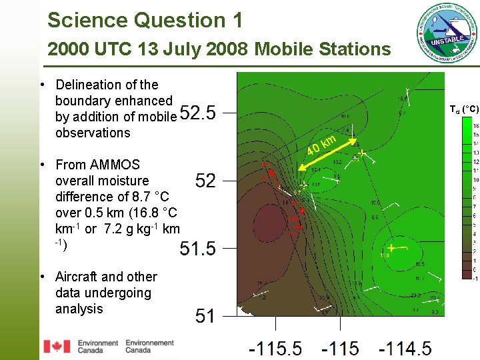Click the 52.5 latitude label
click(198, 113)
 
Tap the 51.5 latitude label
click(198, 249)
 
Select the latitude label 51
click(205, 316)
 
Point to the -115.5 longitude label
click(275, 349)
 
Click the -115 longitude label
click(339, 349)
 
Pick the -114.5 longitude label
click(405, 349)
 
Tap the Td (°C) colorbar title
click(463, 109)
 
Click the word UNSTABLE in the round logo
click(447, 41)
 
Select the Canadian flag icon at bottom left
click(56, 346)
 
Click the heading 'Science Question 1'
click(145, 20)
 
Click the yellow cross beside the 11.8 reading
click(391, 247)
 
